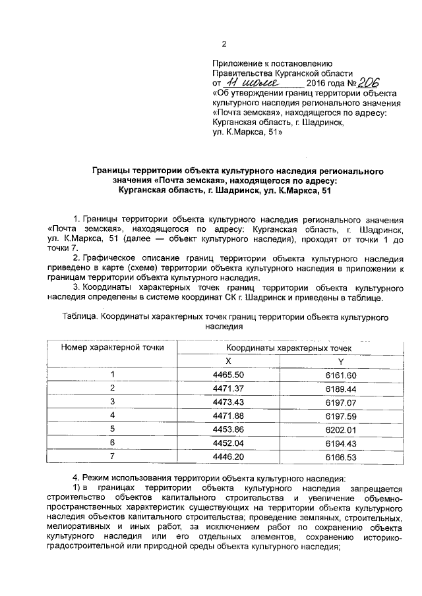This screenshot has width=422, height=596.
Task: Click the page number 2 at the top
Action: [224, 45]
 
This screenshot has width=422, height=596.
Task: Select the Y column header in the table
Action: [340, 361]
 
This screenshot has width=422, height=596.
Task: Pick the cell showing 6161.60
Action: [340, 375]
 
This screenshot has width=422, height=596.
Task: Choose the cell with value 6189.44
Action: [340, 388]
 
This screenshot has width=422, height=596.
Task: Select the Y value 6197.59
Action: [340, 416]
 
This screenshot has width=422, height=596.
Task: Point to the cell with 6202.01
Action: [340, 429]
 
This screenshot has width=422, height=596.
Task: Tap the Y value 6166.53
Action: [340, 456]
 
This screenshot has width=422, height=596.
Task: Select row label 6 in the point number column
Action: [112, 443]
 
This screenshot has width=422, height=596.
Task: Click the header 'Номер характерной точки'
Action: [112, 346]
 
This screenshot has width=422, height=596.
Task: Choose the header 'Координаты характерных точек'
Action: [284, 347]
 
